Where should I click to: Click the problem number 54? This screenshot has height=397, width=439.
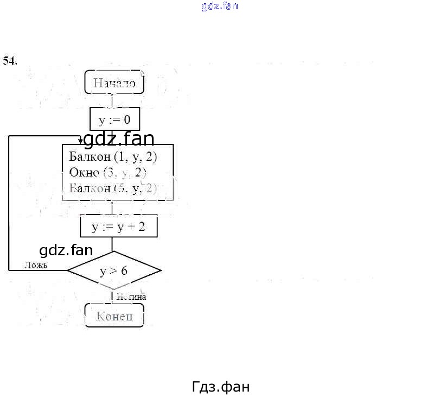[10, 60]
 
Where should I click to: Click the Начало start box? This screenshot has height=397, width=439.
[114, 83]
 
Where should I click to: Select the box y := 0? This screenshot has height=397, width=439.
[114, 119]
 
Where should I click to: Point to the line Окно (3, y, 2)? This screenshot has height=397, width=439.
[108, 173]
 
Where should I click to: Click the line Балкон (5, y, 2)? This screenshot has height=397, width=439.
[113, 188]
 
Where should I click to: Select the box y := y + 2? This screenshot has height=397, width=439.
[118, 226]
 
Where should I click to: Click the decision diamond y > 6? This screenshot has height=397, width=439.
[114, 270]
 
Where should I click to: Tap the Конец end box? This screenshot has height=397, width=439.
[114, 316]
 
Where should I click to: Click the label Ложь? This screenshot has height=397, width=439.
[36, 266]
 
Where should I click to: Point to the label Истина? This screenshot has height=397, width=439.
[131, 297]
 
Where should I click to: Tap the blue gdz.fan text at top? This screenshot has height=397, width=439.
[220, 7]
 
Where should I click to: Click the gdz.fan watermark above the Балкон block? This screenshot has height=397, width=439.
[118, 140]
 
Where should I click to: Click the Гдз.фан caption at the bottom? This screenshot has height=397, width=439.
[221, 387]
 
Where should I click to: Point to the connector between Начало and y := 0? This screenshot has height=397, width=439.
[112, 100]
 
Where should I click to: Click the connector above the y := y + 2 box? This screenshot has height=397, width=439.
[112, 208]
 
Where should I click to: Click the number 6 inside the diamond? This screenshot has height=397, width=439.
[124, 270]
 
